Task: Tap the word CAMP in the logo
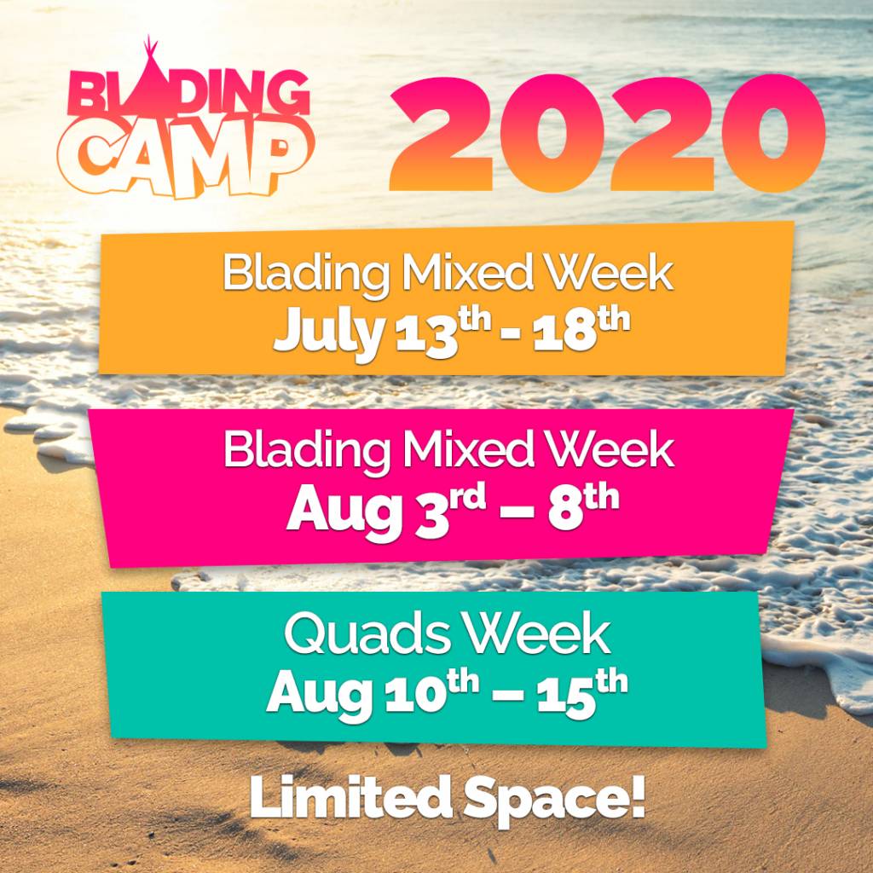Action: [x=185, y=157]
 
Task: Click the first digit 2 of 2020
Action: [x=442, y=134]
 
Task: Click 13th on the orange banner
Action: [x=443, y=332]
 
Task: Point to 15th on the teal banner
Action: [x=581, y=692]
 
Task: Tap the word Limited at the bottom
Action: [x=350, y=797]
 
